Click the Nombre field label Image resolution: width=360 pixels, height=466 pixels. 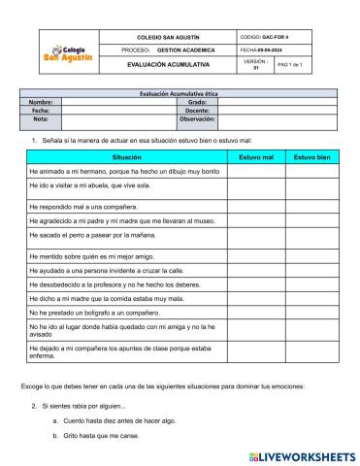(40, 101)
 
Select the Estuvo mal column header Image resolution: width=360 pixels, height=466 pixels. (256, 156)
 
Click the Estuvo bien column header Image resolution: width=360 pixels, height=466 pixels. (312, 156)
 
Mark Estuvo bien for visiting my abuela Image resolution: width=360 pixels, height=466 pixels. (312, 186)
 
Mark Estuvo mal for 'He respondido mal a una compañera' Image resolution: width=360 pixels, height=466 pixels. (256, 207)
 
